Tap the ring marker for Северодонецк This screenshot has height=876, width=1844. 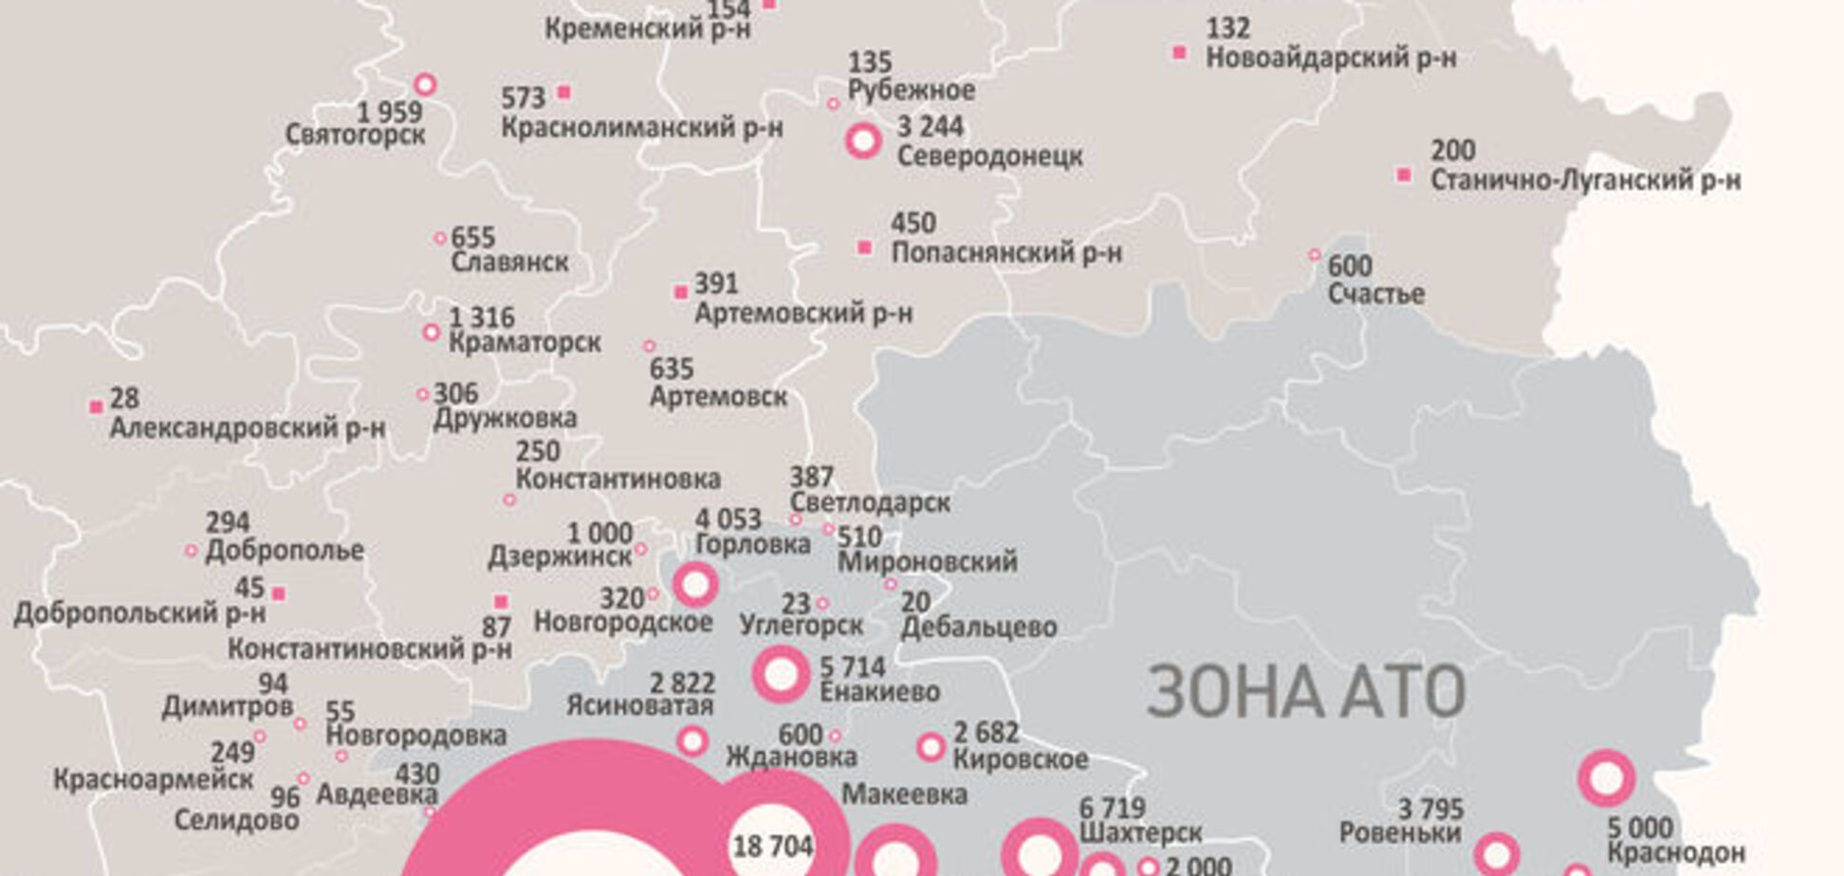[x=863, y=140]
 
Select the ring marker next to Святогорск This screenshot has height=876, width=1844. [x=425, y=84]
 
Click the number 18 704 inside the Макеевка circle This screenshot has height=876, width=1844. [x=773, y=846]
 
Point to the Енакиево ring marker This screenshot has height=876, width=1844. [x=781, y=674]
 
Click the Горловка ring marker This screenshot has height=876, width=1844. [x=694, y=584]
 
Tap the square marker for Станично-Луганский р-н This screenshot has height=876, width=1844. [x=1404, y=174]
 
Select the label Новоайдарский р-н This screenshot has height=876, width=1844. [x=1331, y=58]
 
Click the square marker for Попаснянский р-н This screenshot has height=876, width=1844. [x=864, y=247]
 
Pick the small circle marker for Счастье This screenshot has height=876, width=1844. [x=1315, y=254]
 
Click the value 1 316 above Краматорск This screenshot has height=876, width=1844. [x=482, y=318]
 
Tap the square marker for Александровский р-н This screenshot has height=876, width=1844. [x=96, y=407]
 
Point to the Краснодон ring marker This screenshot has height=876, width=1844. [x=1606, y=778]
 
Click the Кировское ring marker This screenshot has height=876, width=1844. [x=931, y=747]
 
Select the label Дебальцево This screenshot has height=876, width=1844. [x=978, y=627]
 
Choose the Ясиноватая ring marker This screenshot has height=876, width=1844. [x=692, y=740]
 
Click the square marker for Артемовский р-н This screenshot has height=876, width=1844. [x=680, y=292]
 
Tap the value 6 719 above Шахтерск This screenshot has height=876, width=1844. [x=1113, y=809]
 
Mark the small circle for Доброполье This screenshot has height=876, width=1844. [x=191, y=550]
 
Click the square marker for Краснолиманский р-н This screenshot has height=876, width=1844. [x=563, y=92]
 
